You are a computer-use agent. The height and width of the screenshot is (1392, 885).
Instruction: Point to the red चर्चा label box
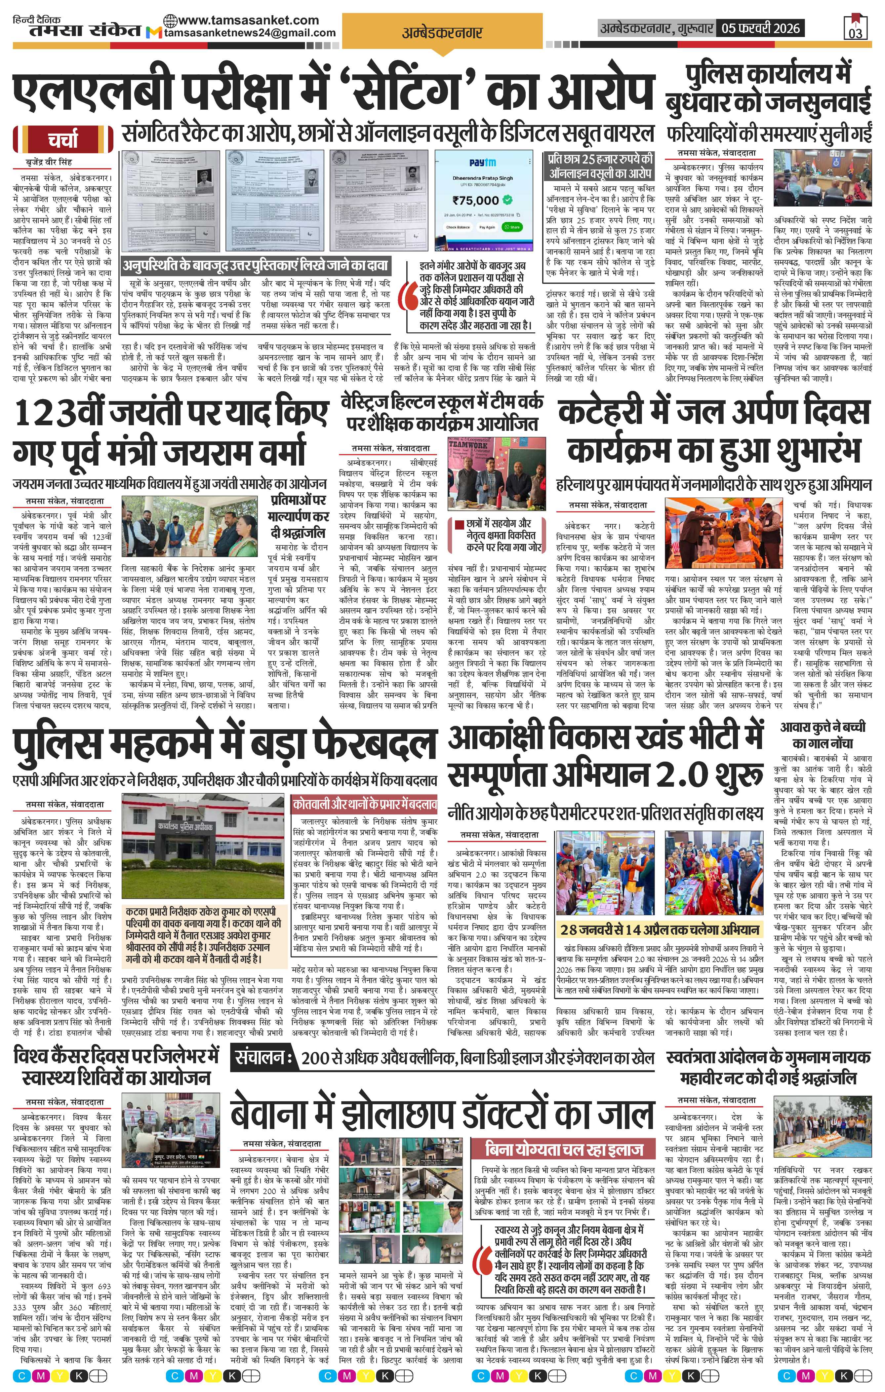(63, 139)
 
